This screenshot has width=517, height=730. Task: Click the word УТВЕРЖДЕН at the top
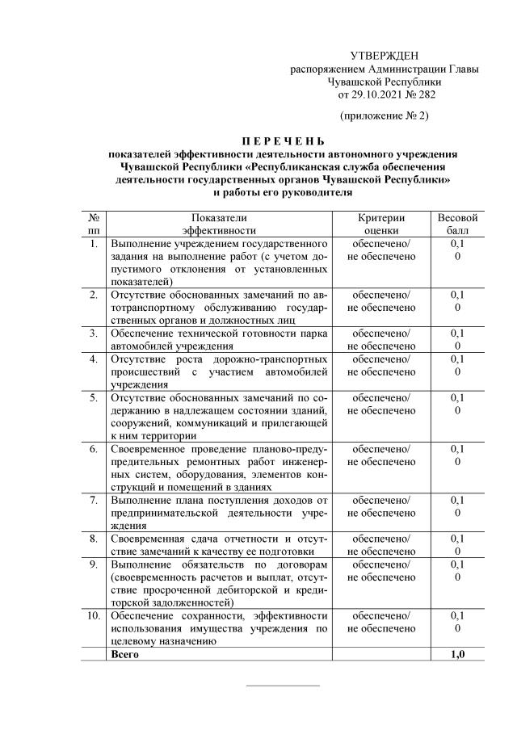tap(385, 56)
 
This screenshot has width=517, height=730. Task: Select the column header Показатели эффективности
tap(218, 224)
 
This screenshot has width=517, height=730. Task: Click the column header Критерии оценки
tap(381, 224)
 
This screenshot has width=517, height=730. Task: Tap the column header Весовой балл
tap(458, 224)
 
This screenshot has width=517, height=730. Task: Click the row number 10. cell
tap(94, 616)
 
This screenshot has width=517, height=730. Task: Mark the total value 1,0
tap(458, 654)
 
